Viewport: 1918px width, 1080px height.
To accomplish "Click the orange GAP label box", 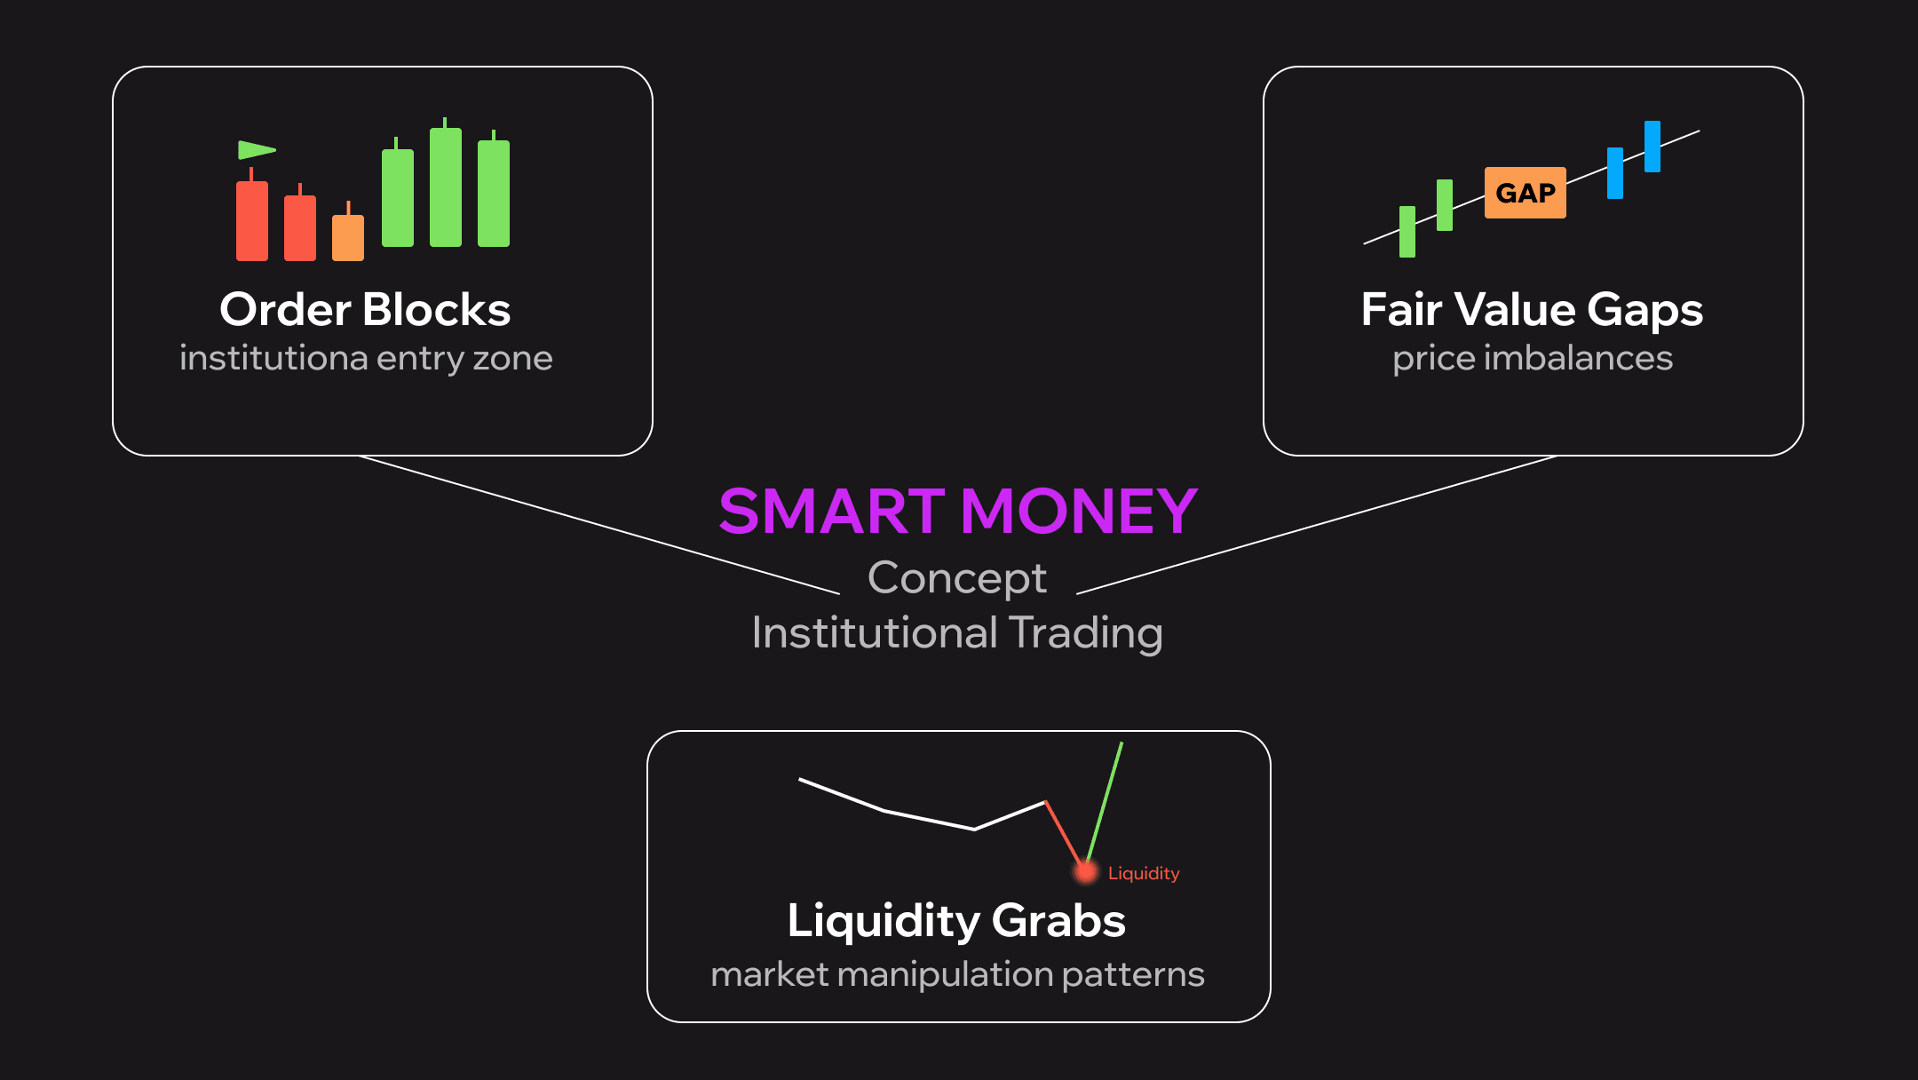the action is (1525, 193).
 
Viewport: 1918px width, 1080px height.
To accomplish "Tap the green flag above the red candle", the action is (255, 150).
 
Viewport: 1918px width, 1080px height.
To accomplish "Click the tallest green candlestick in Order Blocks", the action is (446, 184).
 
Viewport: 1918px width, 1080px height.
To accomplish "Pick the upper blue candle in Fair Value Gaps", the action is (1652, 147).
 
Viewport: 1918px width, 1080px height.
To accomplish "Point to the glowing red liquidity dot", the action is (1085, 871).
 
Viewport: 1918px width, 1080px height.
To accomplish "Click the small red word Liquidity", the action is (1144, 873).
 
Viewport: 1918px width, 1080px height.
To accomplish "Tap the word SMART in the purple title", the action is (832, 512).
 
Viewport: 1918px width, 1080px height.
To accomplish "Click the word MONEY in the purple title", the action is (1079, 512).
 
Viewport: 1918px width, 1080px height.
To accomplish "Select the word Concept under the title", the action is (957, 578).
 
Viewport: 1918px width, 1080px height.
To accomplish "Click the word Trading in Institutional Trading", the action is (1086, 633).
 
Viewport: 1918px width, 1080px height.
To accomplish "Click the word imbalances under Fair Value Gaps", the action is (1578, 358).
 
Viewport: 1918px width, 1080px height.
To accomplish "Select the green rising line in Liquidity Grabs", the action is (1104, 803).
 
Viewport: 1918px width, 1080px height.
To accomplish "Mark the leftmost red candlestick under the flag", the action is (252, 216).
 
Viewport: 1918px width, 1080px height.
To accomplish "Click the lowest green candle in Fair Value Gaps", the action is (1407, 232).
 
